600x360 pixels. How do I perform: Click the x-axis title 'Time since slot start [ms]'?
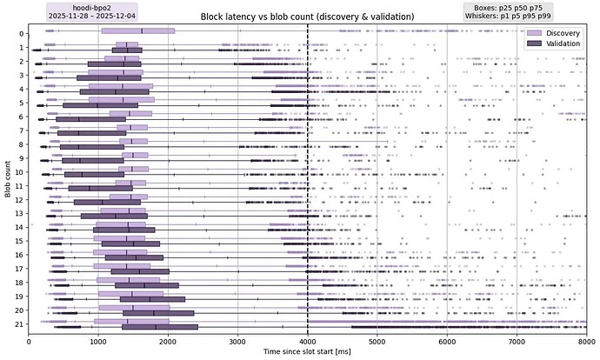307,352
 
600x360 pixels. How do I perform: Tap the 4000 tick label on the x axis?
308,341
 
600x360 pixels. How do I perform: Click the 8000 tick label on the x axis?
586,341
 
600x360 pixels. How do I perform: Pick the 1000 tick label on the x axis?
98,341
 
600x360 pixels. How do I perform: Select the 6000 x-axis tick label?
447,341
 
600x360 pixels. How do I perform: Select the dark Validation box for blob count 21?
160,327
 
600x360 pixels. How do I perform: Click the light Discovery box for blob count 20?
134,307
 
